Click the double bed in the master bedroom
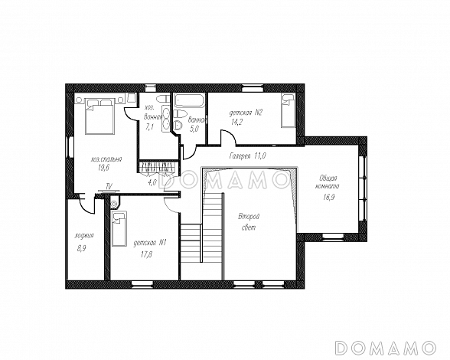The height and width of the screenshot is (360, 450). point(99,116)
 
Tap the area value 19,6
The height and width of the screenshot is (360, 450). point(103,169)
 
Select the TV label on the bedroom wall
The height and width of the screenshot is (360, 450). point(109,185)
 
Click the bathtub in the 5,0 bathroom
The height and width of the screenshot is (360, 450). point(190,101)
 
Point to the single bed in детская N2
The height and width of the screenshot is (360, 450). point(288,110)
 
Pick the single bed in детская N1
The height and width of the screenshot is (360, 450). point(119,229)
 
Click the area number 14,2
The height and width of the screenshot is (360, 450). point(237,123)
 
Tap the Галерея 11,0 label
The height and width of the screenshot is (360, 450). point(248,155)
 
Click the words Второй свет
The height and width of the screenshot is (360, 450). point(249,222)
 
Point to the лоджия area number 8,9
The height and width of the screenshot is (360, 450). point(81,249)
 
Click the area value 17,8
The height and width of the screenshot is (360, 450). point(147,254)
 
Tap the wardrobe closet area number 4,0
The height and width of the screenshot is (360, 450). point(152,182)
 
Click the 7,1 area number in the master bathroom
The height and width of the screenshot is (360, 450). point(149,127)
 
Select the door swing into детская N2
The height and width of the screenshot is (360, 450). point(228,137)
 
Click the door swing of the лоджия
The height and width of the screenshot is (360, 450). point(87,205)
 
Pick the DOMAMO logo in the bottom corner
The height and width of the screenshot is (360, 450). point(385,348)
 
